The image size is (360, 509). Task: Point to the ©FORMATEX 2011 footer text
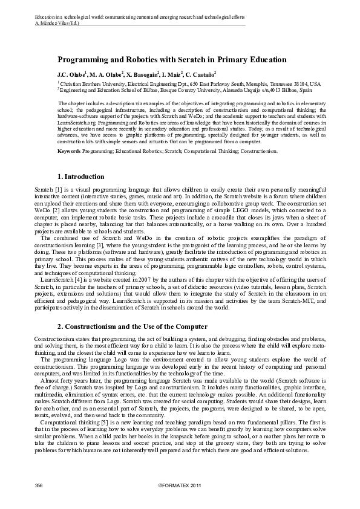[180, 485]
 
